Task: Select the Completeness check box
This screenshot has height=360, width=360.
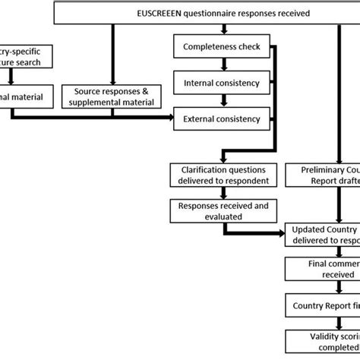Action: click(x=221, y=47)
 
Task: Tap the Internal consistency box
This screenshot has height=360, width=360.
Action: click(x=221, y=82)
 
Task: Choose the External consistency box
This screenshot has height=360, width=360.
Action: click(x=221, y=118)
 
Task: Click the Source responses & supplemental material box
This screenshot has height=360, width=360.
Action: click(x=112, y=96)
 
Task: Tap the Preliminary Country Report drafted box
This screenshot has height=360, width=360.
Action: click(x=323, y=175)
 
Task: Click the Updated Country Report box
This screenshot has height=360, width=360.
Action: click(x=323, y=235)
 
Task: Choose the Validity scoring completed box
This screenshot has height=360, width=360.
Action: click(x=323, y=339)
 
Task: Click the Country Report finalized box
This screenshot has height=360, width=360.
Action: click(x=323, y=305)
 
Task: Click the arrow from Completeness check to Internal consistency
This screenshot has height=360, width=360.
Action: click(x=221, y=65)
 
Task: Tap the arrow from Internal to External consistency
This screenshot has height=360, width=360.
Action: click(x=221, y=100)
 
